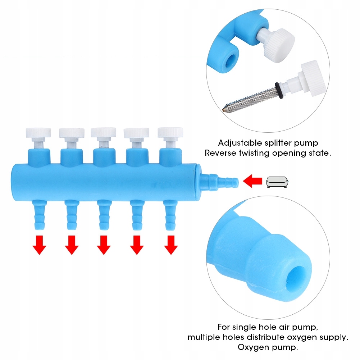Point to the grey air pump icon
point(278,182)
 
